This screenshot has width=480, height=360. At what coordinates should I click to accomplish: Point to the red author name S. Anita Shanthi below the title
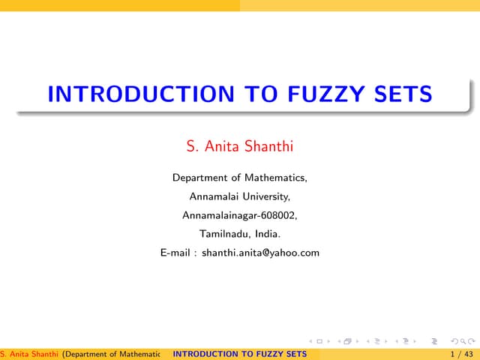point(239,145)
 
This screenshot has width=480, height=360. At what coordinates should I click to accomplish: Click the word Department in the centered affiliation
point(200,178)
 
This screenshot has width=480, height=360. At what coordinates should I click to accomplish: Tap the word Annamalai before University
point(213,196)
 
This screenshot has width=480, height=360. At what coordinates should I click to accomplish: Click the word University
point(265,196)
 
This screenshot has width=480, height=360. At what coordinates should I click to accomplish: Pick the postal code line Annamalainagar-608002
point(239,215)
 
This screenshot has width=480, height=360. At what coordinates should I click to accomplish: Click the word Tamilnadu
point(222,234)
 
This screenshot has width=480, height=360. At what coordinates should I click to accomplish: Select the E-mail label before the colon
point(175,253)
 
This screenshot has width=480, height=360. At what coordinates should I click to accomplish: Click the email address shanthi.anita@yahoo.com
point(260,253)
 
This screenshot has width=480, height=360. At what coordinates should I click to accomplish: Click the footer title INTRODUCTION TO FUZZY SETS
point(239,354)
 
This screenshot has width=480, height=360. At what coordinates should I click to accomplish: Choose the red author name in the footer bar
point(29,354)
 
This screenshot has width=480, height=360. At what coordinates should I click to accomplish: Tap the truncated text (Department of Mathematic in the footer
point(112,354)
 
